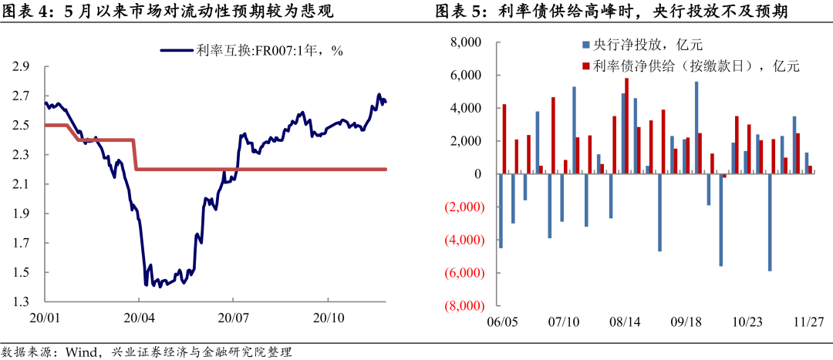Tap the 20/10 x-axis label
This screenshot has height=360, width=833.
329,318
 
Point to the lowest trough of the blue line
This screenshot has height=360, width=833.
159,287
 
